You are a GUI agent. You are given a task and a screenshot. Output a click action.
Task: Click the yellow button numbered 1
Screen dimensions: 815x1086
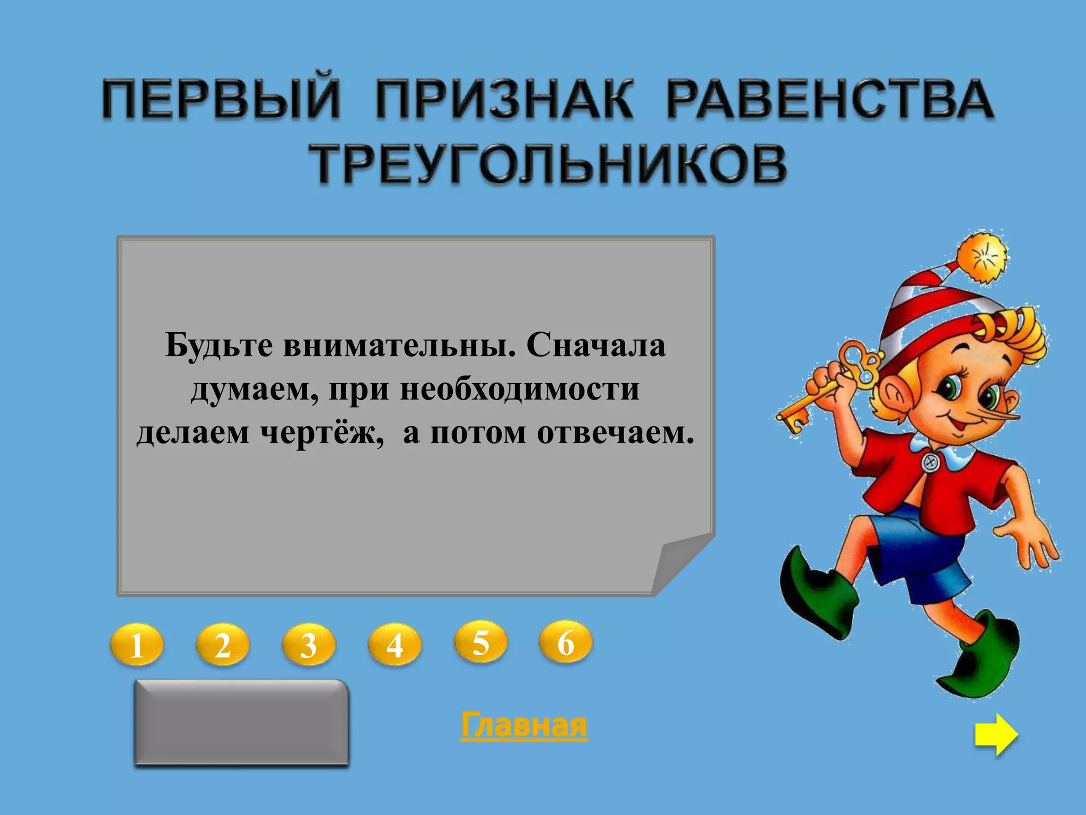[x=136, y=645]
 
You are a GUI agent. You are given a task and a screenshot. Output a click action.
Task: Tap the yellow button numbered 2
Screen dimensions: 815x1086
[x=222, y=645]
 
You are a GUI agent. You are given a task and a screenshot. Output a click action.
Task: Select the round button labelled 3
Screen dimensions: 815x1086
[x=309, y=645]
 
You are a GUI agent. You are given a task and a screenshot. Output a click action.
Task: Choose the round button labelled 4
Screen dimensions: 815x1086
[x=395, y=645]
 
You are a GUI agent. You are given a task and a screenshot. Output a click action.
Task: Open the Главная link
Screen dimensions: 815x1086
[x=524, y=725]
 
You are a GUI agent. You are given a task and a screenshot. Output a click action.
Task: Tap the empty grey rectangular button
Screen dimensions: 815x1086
[x=242, y=722]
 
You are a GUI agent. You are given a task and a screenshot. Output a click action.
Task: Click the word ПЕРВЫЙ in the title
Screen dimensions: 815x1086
[x=221, y=99]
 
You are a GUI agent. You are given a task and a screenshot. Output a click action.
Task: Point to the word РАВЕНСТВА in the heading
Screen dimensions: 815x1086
[x=829, y=99]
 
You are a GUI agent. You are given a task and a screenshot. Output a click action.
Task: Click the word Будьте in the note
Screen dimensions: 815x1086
[x=219, y=345]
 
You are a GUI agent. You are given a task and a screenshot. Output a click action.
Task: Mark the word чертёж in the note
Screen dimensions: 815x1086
[x=321, y=432]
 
